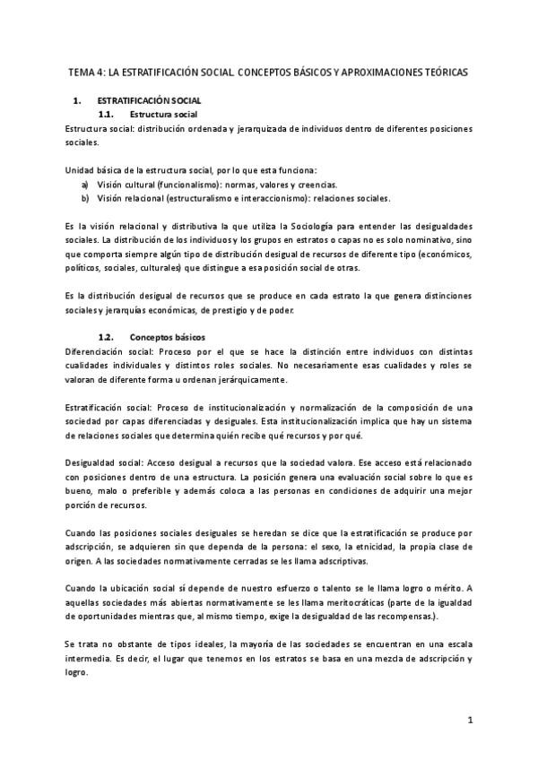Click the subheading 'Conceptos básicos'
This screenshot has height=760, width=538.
point(168,337)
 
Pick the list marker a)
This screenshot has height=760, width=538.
point(85,184)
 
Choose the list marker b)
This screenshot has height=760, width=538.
point(85,198)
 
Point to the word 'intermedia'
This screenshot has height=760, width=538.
point(86,659)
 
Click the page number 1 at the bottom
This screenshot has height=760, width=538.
point(470,720)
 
